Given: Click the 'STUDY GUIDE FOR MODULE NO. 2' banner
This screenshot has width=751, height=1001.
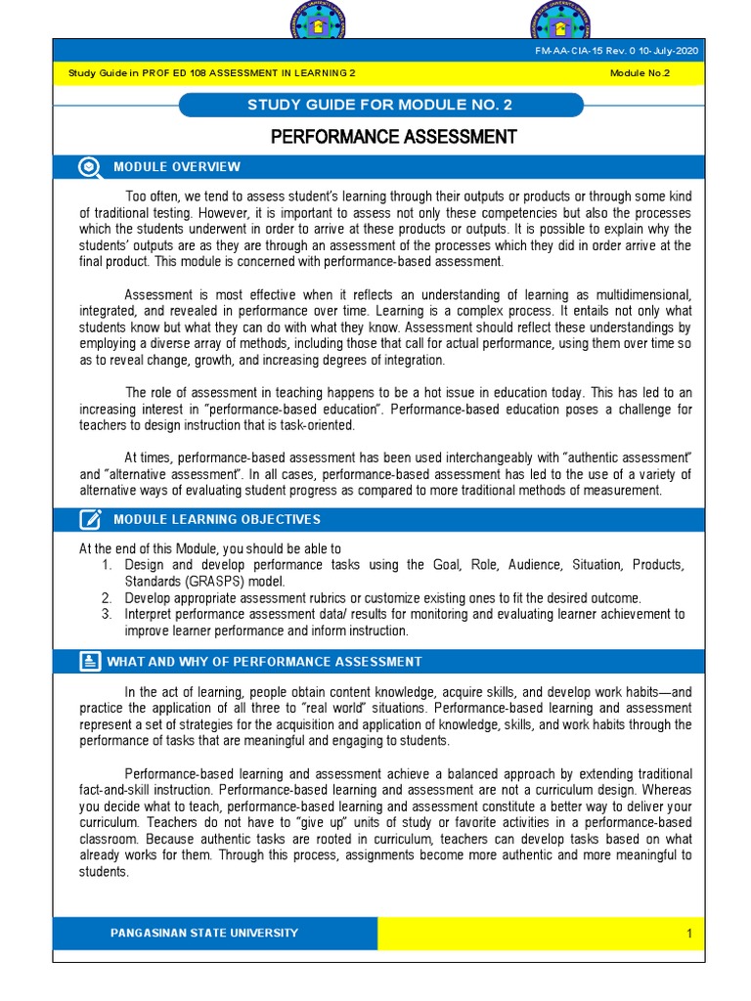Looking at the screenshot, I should pyautogui.click(x=381, y=105).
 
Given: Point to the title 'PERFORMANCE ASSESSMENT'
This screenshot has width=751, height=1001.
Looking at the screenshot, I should pyautogui.click(x=393, y=137).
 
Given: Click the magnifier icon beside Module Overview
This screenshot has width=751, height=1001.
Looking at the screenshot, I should pyautogui.click(x=90, y=167).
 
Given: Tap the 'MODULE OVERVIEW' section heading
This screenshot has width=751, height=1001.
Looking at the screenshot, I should pyautogui.click(x=177, y=167).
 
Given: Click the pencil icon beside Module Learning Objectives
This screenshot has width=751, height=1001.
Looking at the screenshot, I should pyautogui.click(x=90, y=519).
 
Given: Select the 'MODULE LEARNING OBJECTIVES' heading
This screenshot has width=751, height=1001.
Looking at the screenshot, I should pyautogui.click(x=217, y=519).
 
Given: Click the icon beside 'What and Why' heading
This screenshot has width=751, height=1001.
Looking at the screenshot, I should pyautogui.click(x=90, y=662).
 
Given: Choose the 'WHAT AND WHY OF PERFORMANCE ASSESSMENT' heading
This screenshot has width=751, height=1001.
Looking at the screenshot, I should pyautogui.click(x=264, y=662).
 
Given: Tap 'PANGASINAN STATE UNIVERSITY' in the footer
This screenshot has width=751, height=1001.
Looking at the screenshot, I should pyautogui.click(x=204, y=933).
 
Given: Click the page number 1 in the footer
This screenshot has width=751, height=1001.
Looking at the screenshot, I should pyautogui.click(x=688, y=934).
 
